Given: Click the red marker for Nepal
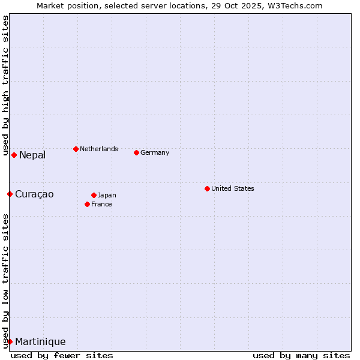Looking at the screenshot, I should [x=14, y=155].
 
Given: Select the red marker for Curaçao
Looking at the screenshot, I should [x=10, y=194].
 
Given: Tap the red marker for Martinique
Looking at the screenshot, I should [x=10, y=341].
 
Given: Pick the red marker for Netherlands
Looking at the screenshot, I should [x=76, y=149].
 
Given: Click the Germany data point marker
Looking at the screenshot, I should [x=136, y=152].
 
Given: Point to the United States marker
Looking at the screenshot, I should [x=207, y=188].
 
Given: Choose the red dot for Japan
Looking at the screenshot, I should [x=94, y=195].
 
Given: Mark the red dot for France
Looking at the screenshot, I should [x=87, y=204].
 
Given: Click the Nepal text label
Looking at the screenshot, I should [x=32, y=155].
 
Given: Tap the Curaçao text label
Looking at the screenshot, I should [x=34, y=194].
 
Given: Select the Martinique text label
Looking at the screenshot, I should [x=40, y=342].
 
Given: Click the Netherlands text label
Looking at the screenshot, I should [x=99, y=149].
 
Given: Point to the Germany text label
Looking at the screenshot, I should [x=155, y=152].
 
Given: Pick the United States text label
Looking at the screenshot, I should [x=233, y=188].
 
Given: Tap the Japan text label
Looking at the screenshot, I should [x=107, y=195].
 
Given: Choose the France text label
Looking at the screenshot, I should [x=101, y=204].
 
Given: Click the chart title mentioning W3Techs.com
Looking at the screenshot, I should [x=179, y=5].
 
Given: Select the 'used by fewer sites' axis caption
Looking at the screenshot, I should [x=62, y=355].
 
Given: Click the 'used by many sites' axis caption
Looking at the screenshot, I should [x=301, y=355].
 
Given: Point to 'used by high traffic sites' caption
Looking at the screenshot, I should [x=5, y=86].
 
